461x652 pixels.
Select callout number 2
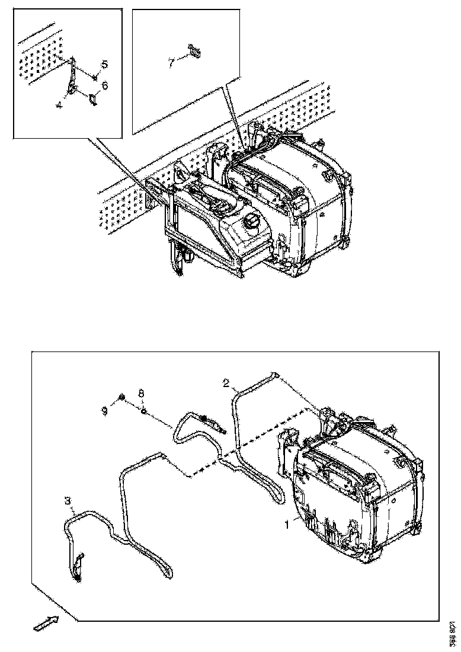(226, 382)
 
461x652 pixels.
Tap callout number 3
(68, 501)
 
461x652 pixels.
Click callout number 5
(104, 64)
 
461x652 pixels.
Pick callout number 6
(105, 86)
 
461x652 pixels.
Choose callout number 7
(172, 62)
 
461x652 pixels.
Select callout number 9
(105, 410)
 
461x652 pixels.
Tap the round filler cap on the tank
(253, 224)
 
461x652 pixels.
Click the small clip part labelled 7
(194, 52)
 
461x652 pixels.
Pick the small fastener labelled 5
(95, 77)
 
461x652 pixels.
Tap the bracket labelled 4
(72, 77)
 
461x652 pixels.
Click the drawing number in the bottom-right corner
(453, 628)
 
